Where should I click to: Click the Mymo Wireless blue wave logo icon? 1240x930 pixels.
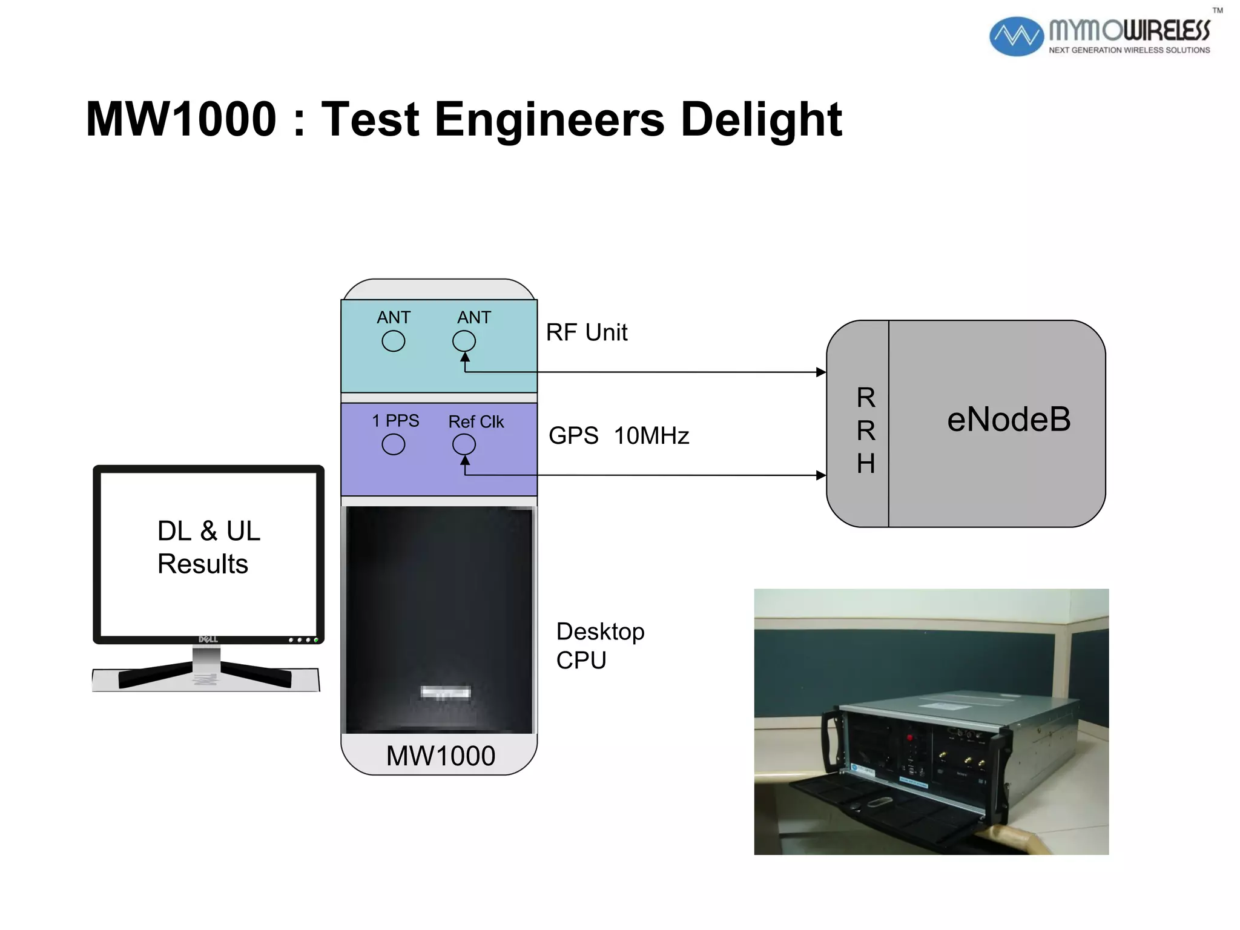point(1015,36)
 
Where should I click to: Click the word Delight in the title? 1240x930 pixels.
point(760,119)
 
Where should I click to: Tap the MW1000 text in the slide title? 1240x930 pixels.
point(181,119)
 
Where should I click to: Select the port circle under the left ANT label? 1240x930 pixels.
point(393,341)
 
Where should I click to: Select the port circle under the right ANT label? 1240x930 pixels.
point(464,341)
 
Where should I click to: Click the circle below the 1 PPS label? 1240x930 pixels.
point(393,445)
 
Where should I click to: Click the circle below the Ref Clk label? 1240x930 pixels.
point(464,445)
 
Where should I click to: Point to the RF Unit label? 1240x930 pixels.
point(586,332)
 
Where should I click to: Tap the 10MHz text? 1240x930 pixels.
point(651,436)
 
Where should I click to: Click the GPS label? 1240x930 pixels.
point(573,436)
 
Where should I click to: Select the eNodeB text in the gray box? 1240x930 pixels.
point(1008,420)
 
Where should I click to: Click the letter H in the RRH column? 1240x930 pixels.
point(866,464)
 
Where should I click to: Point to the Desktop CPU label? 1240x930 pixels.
point(599,645)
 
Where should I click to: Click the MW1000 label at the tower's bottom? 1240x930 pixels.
point(440,756)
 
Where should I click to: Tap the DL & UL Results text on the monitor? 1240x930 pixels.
point(208,547)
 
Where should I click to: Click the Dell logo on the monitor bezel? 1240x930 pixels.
point(208,639)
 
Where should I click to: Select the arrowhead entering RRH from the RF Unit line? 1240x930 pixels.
point(821,372)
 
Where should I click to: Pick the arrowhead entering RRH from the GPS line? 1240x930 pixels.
point(821,475)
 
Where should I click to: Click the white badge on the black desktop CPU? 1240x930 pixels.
point(446,692)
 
